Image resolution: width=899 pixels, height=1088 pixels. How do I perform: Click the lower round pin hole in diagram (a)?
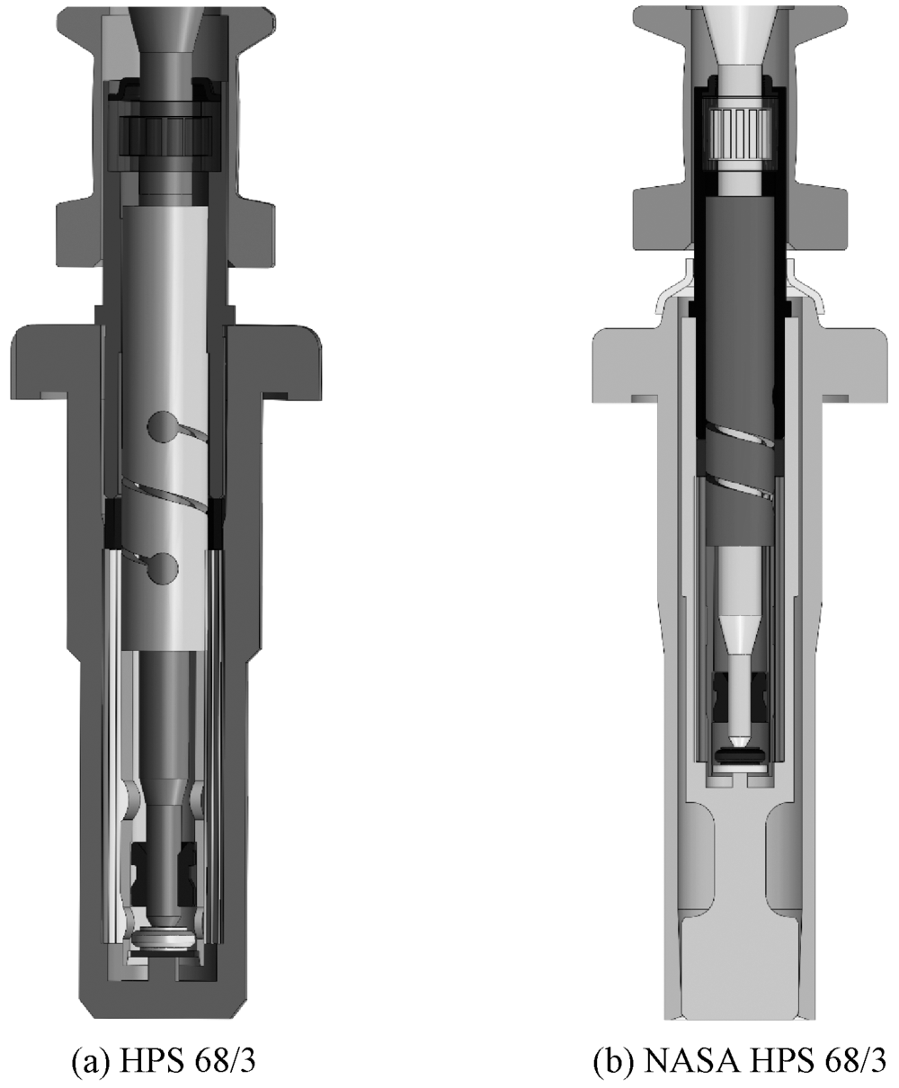pyautogui.click(x=162, y=568)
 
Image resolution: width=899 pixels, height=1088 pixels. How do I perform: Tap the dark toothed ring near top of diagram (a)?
pyautogui.click(x=165, y=136)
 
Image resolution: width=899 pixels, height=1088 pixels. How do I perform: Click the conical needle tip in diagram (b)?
pyautogui.click(x=740, y=740)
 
